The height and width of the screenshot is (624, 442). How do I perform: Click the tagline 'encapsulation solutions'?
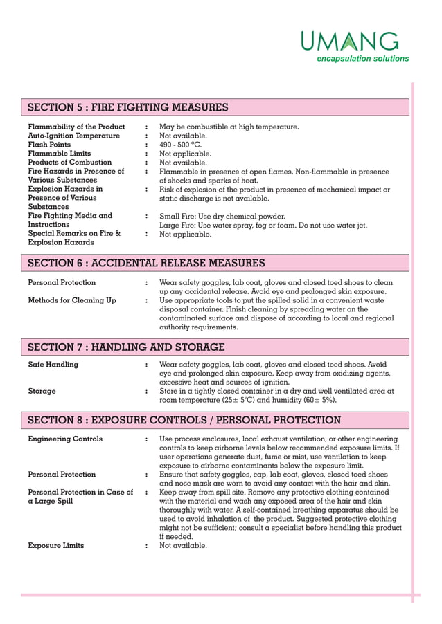tap(362, 59)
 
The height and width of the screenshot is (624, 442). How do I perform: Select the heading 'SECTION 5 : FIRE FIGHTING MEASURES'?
tap(128, 107)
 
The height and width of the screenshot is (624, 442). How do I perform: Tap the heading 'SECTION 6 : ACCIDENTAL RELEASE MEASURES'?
tap(146, 263)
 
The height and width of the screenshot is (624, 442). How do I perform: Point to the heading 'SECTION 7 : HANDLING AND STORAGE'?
tap(126, 347)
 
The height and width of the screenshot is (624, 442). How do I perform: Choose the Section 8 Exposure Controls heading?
tap(184, 420)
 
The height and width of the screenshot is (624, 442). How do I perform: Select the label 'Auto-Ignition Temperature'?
tap(73, 136)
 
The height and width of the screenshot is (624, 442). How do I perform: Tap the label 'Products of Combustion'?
tap(69, 163)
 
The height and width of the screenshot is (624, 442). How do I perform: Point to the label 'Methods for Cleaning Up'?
tap(72, 300)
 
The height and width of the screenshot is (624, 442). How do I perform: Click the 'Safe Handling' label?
tap(53, 365)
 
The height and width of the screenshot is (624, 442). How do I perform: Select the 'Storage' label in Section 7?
tap(42, 392)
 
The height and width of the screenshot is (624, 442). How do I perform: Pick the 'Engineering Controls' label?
tap(65, 439)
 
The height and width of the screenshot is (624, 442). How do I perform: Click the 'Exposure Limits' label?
tap(56, 545)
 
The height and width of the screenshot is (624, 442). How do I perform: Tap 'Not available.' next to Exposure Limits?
tap(183, 545)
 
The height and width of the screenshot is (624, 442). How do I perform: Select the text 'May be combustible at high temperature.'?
tap(229, 127)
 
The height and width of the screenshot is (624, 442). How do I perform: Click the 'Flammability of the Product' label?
tap(76, 127)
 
